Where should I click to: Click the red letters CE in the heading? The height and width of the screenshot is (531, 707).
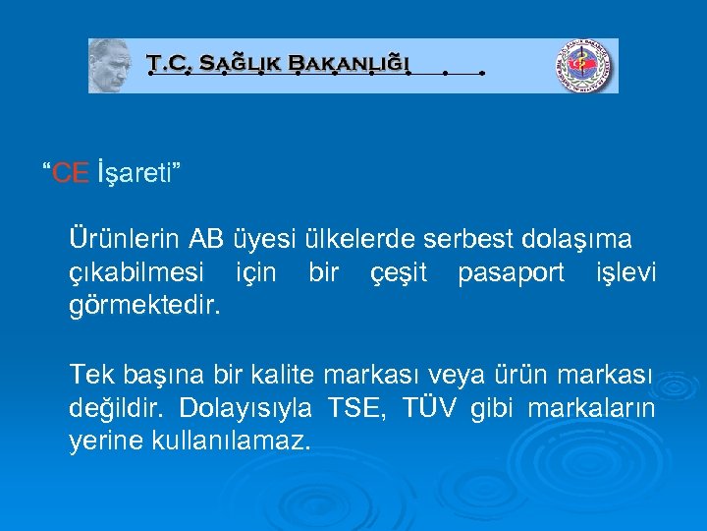coord(70,174)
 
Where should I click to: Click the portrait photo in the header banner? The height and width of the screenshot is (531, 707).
coord(110,67)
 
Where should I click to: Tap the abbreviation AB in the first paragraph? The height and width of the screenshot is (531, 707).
coord(207,239)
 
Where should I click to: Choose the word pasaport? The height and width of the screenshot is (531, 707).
coord(511,272)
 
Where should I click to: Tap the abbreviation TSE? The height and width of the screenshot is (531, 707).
coord(359,407)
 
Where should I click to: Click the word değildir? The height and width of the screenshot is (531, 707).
coord(116,407)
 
